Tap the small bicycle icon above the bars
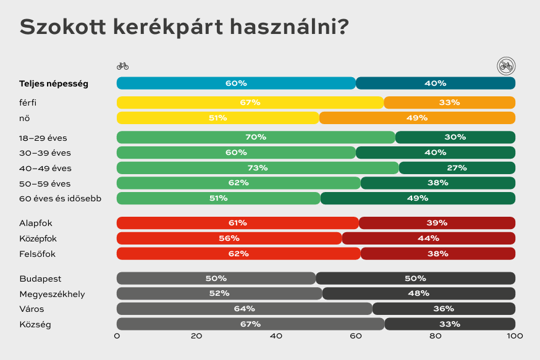tap(122, 65)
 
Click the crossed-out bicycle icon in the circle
tap(506, 65)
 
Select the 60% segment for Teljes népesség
tap(236, 83)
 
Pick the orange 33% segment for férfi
tap(449, 103)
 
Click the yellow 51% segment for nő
tap(217, 118)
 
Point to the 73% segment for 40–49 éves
tap(258, 168)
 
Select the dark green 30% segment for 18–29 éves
tap(455, 137)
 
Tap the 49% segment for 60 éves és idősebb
tap(418, 198)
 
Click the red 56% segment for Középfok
tap(229, 238)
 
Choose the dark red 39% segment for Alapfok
tap(437, 223)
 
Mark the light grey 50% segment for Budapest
tap(216, 278)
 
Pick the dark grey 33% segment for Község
tap(450, 324)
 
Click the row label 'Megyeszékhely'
tap(52, 294)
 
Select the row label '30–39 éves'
tap(45, 153)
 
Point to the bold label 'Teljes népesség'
tap(54, 83)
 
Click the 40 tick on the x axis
tap(276, 337)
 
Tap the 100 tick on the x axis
tap(515, 337)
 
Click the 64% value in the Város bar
tap(245, 309)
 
